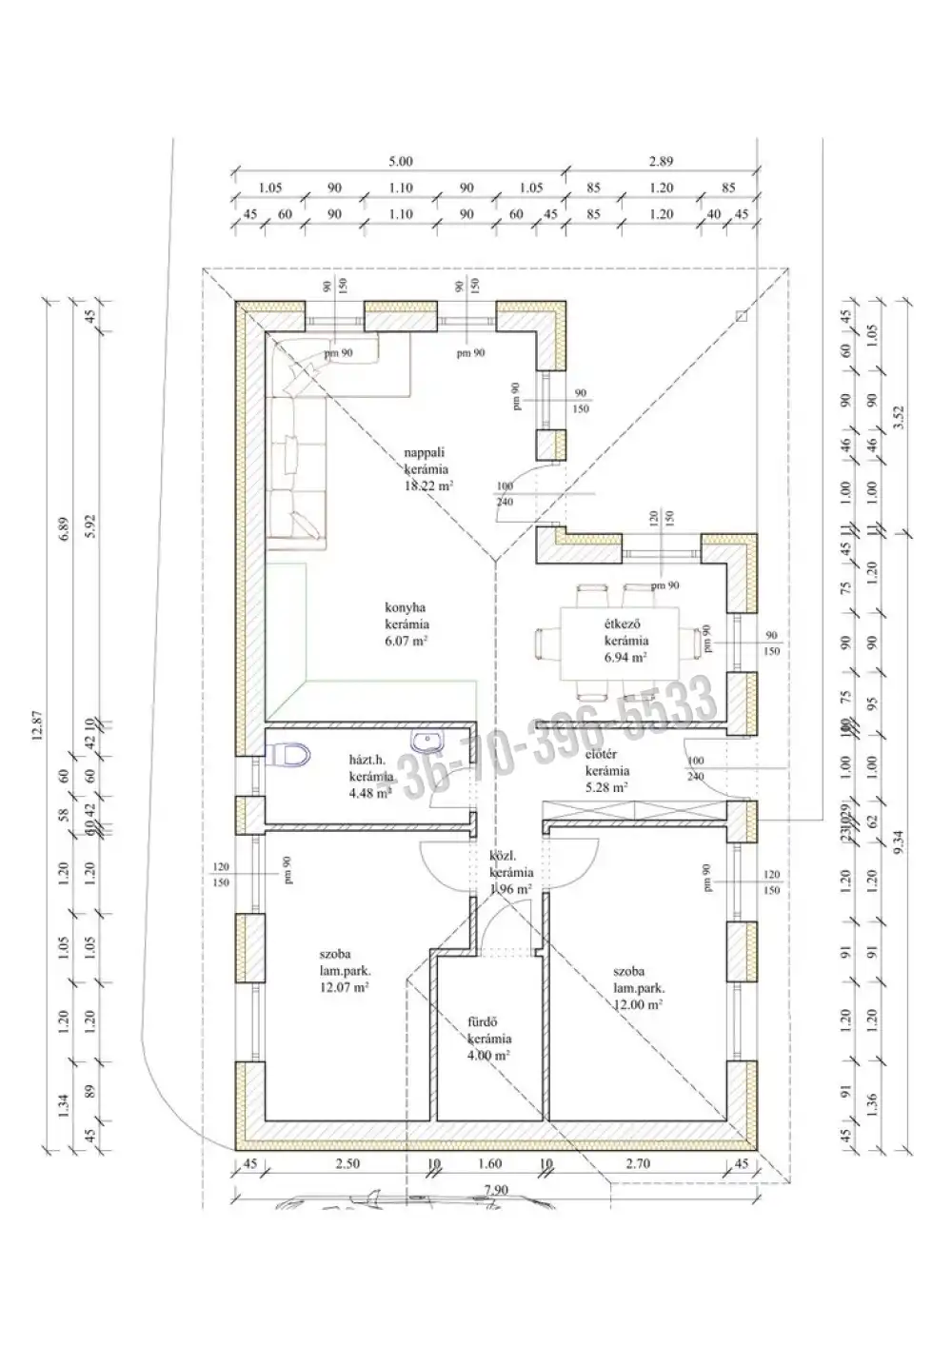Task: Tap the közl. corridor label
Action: click(x=502, y=855)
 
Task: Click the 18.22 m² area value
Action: click(x=428, y=485)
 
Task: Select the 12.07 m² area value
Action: click(x=345, y=988)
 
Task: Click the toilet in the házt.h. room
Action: click(x=290, y=755)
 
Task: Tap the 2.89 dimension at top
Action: click(x=661, y=163)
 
